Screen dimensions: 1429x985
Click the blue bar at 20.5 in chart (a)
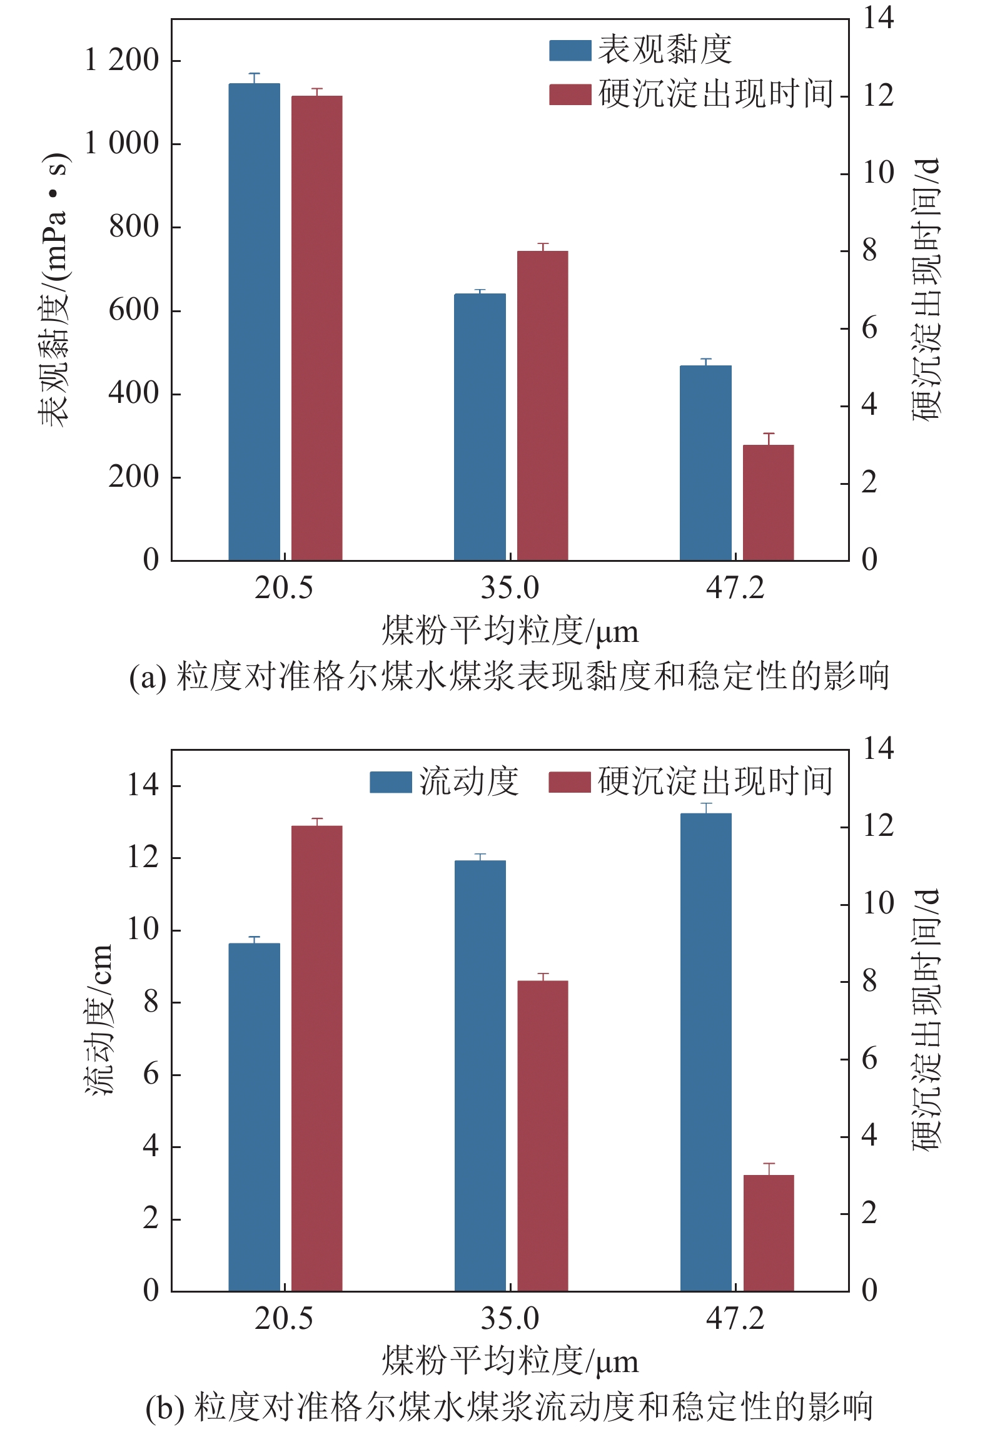tap(254, 322)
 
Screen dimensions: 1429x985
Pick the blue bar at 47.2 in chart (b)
tap(705, 1052)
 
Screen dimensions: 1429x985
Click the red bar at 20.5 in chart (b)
tap(316, 1058)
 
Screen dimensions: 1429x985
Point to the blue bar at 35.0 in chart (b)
tap(480, 1076)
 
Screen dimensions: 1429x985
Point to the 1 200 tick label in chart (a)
tap(122, 61)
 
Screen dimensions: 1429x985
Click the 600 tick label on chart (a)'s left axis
tap(134, 310)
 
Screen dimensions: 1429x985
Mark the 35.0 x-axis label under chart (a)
tap(510, 588)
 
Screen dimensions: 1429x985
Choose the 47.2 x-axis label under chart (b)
tap(735, 1319)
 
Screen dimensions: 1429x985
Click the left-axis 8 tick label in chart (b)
tap(151, 1002)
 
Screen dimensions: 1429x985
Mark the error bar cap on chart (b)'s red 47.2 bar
tap(769, 1164)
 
